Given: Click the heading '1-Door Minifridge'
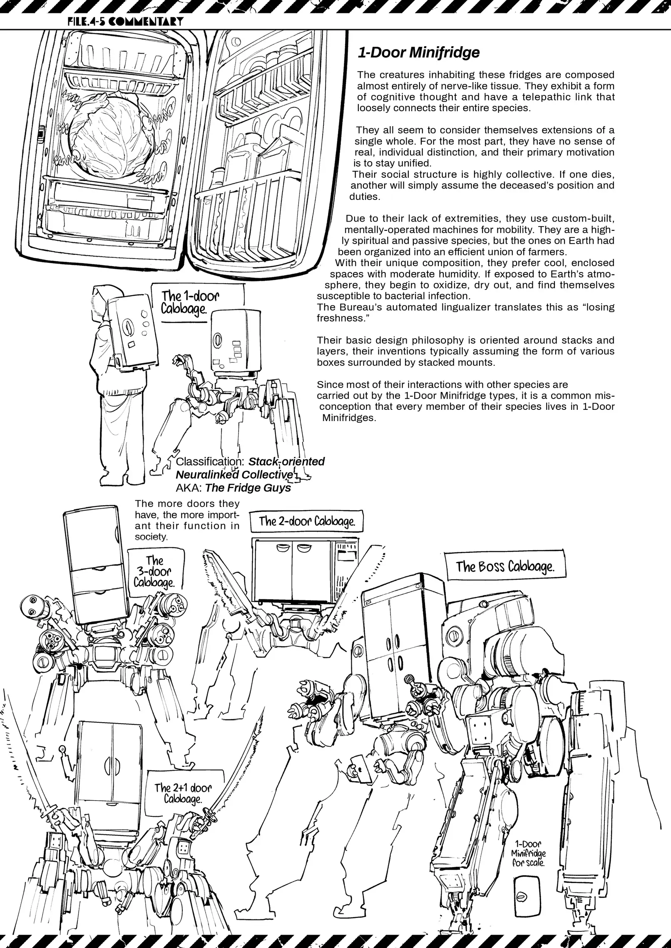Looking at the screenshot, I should pyautogui.click(x=418, y=53).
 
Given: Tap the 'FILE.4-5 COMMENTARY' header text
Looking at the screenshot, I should pyautogui.click(x=125, y=21).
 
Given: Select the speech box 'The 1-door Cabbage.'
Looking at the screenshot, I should pyautogui.click(x=190, y=303).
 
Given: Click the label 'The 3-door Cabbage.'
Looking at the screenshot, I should pyautogui.click(x=154, y=571).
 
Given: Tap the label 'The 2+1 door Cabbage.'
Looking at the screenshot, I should pyautogui.click(x=183, y=793).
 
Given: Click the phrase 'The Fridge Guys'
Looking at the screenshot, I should pyautogui.click(x=248, y=488).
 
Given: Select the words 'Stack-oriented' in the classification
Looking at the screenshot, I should pyautogui.click(x=286, y=462).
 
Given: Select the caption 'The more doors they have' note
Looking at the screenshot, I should pyautogui.click(x=187, y=520).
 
